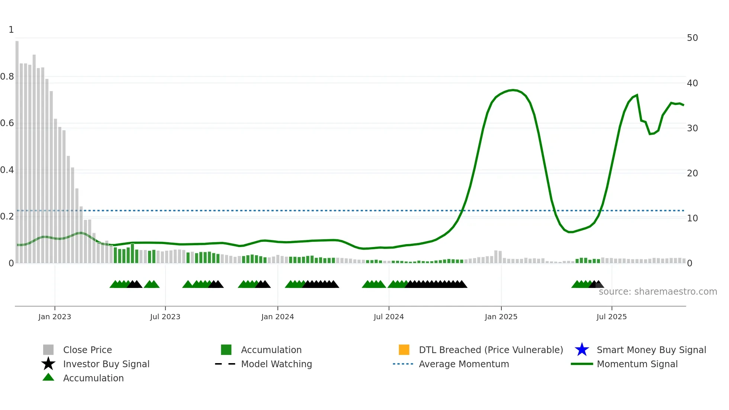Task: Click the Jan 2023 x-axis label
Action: tap(55, 317)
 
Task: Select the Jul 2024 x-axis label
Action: tap(389, 317)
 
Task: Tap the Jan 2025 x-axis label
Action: tap(501, 317)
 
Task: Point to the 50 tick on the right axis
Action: tap(692, 38)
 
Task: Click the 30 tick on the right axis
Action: tap(692, 128)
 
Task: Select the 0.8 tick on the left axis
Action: tap(7, 77)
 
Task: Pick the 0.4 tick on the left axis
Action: tap(7, 170)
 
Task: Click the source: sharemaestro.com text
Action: tap(658, 292)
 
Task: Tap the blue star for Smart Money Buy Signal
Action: tap(582, 350)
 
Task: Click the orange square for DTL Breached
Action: tap(404, 350)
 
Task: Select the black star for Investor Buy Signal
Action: tap(48, 364)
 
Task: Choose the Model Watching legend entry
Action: tap(276, 364)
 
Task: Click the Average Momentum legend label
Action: tap(464, 364)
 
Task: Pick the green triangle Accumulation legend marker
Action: tap(48, 377)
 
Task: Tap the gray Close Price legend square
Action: tap(48, 350)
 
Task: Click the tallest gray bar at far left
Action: tap(17, 149)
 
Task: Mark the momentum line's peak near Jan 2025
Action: tap(513, 90)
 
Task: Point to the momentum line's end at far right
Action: tap(683, 105)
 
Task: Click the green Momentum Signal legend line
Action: tap(582, 364)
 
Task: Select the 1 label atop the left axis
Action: tap(11, 30)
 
